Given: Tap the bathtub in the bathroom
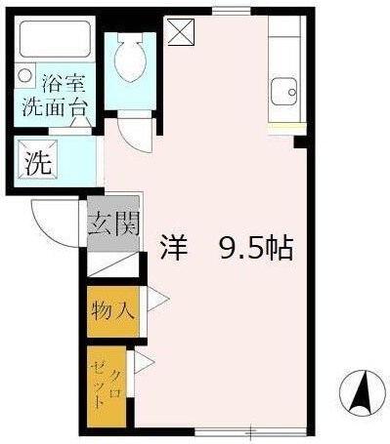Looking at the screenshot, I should [55, 41].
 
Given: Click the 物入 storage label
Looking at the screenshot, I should [114, 311].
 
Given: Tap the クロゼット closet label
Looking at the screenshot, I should [108, 382].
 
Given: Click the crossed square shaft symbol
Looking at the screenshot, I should [182, 32].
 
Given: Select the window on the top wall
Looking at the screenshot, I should [232, 12].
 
